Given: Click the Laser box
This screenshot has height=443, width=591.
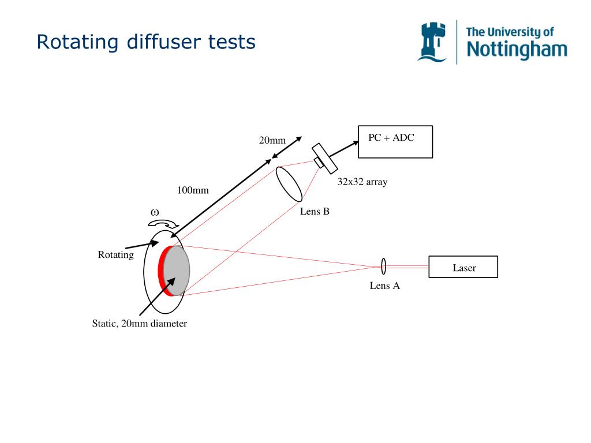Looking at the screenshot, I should point(463,266).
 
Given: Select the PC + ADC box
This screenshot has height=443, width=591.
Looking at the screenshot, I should point(395,142).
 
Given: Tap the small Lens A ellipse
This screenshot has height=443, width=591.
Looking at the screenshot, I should point(383,266).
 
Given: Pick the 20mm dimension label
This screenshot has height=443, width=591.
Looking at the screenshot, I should point(272,140).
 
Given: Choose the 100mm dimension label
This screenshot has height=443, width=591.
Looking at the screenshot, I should point(193,190).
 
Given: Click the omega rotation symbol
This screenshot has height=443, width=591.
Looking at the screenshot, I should point(155,212).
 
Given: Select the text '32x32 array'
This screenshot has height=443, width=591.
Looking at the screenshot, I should point(362,182).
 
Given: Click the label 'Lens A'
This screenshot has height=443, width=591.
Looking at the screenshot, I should point(385,286).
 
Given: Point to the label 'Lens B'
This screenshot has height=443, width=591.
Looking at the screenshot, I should point(315,211).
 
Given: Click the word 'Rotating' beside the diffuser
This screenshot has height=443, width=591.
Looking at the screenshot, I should point(115,254).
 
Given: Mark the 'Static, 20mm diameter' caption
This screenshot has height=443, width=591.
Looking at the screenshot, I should point(140,324).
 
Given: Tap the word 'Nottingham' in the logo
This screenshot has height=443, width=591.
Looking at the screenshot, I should point(517,50).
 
